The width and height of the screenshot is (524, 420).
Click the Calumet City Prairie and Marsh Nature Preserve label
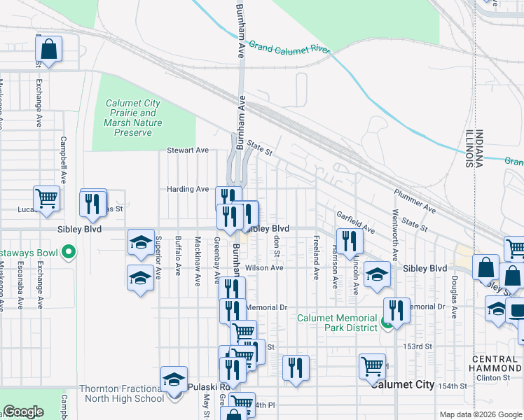click(x=133, y=118)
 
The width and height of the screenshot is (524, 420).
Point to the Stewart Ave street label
click(x=188, y=150)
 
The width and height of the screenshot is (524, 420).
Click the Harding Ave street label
click(x=188, y=189)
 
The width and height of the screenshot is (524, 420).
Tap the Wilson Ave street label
click(x=264, y=267)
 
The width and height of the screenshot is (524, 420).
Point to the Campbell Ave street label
click(x=63, y=160)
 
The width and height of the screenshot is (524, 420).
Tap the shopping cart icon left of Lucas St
click(x=46, y=198)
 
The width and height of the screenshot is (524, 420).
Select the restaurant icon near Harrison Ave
click(x=350, y=242)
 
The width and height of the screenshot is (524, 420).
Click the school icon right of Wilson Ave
click(x=377, y=274)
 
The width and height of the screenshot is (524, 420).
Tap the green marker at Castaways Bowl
click(x=69, y=251)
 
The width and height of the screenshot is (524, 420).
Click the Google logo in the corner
click(x=23, y=412)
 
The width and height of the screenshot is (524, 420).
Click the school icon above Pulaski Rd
click(x=174, y=379)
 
